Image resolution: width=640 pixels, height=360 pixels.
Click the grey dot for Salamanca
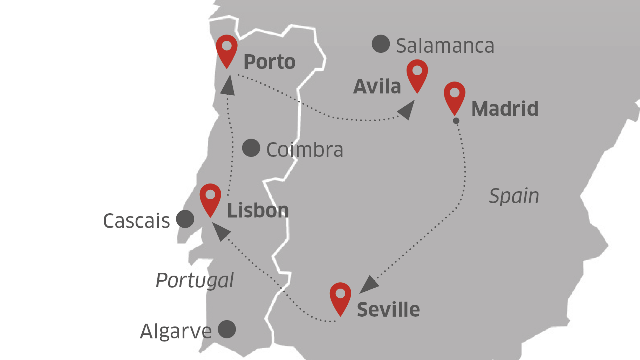381,44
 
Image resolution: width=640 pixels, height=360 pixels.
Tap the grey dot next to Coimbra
251,148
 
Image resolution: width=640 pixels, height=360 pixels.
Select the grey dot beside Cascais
185,219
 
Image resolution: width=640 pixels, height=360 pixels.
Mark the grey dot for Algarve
227,329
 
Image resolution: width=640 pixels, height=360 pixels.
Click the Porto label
269,62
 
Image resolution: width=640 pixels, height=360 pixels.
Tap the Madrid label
505,109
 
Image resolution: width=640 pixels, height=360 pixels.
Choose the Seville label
388,310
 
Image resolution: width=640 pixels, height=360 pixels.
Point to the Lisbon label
258,211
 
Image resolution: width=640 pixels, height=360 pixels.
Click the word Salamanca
445,46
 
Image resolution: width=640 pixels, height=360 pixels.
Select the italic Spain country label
514,196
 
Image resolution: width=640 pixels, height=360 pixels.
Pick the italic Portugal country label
195,280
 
